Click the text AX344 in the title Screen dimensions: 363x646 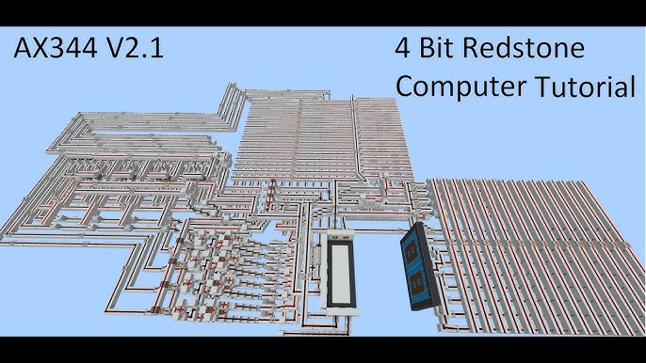pos(59,47)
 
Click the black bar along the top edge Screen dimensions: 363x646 pos(323,11)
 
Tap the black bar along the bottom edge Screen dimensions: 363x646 pos(323,350)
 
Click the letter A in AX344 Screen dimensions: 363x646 pos(21,47)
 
